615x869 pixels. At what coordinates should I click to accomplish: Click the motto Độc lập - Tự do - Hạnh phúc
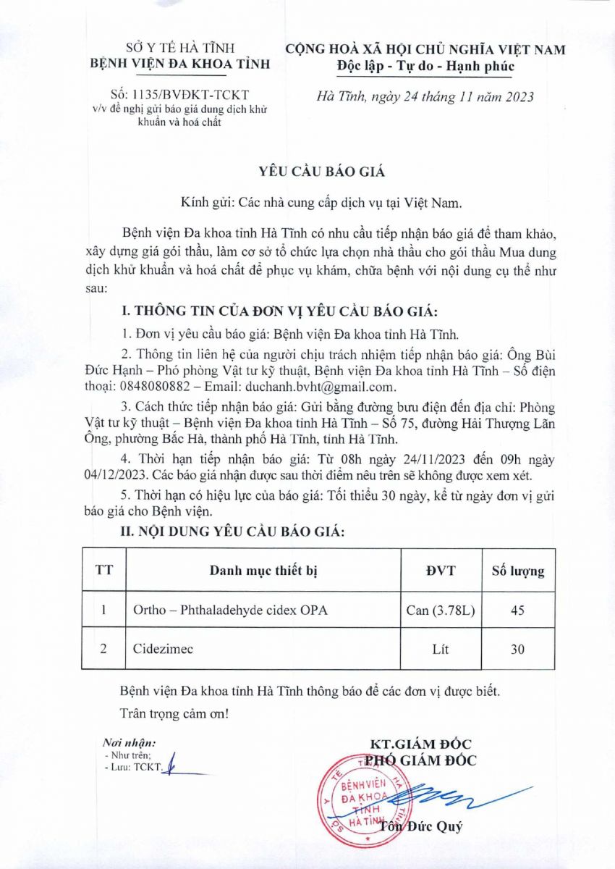coord(425,67)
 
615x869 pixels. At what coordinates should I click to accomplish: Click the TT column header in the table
coord(104,571)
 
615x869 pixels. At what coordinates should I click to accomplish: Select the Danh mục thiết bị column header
coord(263,571)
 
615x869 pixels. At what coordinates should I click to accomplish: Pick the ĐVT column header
coord(441,571)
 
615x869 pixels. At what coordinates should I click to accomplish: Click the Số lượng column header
coord(518,571)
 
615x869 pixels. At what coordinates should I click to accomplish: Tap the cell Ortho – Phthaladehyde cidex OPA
coord(230,610)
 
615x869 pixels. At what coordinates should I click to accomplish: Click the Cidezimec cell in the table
coord(162,649)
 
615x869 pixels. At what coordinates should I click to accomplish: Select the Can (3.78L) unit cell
coord(441,610)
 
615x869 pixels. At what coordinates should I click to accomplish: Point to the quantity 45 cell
coord(517,610)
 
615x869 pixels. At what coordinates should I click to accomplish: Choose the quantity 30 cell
coord(517,649)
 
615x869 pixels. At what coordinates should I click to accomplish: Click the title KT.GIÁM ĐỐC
coord(420,744)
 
